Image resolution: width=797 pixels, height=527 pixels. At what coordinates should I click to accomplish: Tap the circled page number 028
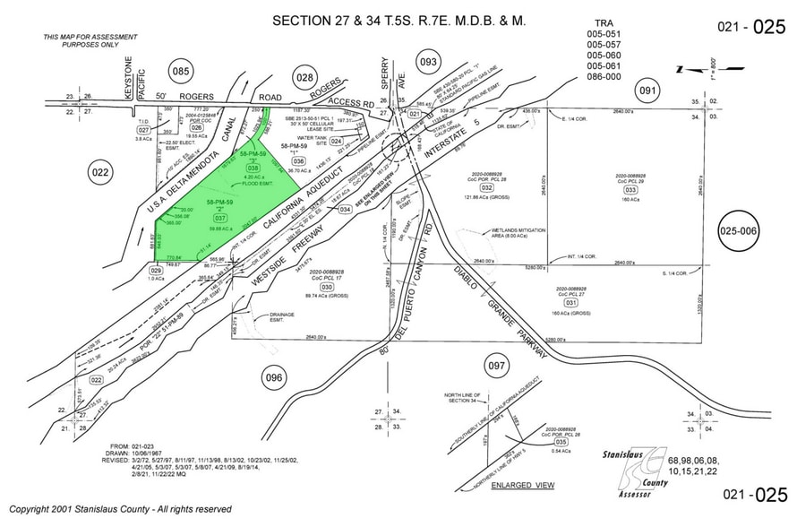(304, 80)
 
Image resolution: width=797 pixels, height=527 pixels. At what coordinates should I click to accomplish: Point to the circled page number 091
(646, 91)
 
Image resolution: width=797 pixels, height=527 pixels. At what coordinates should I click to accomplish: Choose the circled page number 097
(496, 367)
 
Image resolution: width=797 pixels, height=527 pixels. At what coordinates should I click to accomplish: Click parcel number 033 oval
(631, 190)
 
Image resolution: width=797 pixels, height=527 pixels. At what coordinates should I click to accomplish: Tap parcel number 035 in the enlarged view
(561, 442)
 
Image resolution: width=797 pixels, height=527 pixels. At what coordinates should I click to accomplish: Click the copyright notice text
(120, 509)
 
